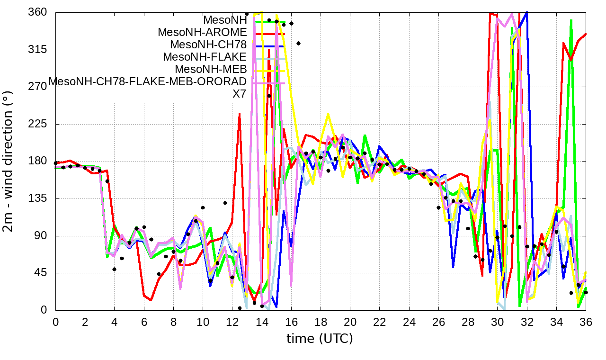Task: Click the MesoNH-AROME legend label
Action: coord(202,33)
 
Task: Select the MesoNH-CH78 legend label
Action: coord(208,45)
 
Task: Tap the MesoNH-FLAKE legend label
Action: coord(205,57)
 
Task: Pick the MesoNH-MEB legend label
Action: coord(211,69)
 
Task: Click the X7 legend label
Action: coord(239,94)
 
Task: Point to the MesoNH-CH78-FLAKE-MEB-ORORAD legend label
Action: coord(148,81)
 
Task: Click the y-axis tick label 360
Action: coord(37,12)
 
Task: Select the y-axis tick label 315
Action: coord(37,50)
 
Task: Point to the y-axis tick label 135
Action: coord(37,198)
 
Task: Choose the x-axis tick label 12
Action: coord(232,321)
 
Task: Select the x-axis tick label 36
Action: coord(586,321)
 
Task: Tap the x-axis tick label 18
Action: coord(321,321)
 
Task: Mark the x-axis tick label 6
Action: coord(144,321)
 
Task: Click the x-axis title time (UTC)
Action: coord(320,339)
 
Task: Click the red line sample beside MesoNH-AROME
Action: coord(270,34)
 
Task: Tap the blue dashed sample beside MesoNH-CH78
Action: coord(270,46)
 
